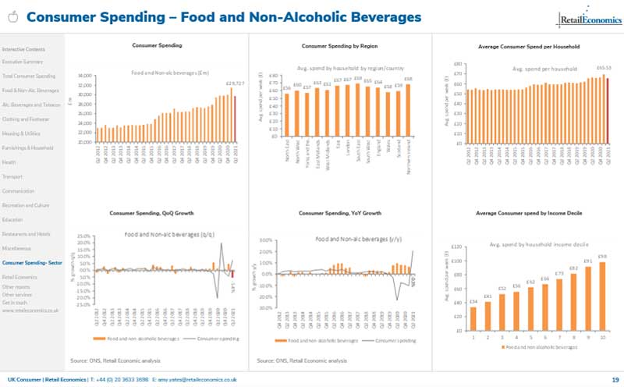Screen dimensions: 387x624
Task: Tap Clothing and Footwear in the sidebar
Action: click(x=27, y=119)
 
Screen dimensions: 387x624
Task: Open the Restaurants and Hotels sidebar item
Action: click(x=27, y=234)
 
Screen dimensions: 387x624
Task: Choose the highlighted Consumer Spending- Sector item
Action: click(x=32, y=263)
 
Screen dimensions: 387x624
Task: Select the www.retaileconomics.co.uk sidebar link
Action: click(x=30, y=311)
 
